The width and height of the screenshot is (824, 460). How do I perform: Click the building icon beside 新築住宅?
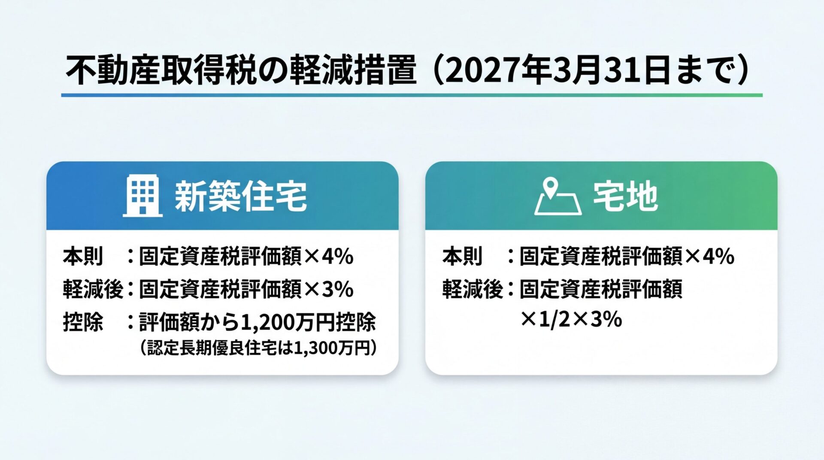[x=142, y=196]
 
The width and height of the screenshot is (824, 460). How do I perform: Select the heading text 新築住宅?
[x=241, y=196]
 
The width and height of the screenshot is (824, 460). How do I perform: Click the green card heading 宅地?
[x=625, y=196]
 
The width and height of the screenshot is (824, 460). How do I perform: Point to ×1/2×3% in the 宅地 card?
[x=571, y=319]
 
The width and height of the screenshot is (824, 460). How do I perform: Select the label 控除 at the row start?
[x=83, y=322]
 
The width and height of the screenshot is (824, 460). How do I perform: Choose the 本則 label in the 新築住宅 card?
[x=83, y=256]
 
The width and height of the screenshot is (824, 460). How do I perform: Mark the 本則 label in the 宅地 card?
[x=463, y=256]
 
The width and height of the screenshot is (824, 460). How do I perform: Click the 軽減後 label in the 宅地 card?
[x=472, y=289]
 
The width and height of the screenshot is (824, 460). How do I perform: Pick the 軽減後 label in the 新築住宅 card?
[x=93, y=289]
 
